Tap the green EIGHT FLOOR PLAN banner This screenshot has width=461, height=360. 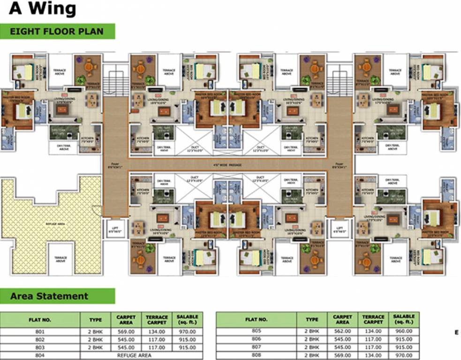click(56, 32)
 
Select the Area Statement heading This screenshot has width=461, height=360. click(49, 296)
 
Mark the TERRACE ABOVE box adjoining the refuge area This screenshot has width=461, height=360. click(60, 259)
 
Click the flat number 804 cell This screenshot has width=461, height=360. click(40, 355)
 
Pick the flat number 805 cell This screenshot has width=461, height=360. click(256, 331)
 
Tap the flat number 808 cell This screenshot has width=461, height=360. click(256, 354)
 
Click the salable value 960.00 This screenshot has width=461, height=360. click(404, 331)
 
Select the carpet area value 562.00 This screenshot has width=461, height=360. click(342, 331)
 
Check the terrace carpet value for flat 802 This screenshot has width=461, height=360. click(157, 340)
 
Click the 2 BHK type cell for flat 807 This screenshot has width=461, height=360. click(312, 347)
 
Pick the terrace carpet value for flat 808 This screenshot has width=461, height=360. click(373, 354)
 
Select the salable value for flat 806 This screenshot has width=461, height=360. click(404, 339)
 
